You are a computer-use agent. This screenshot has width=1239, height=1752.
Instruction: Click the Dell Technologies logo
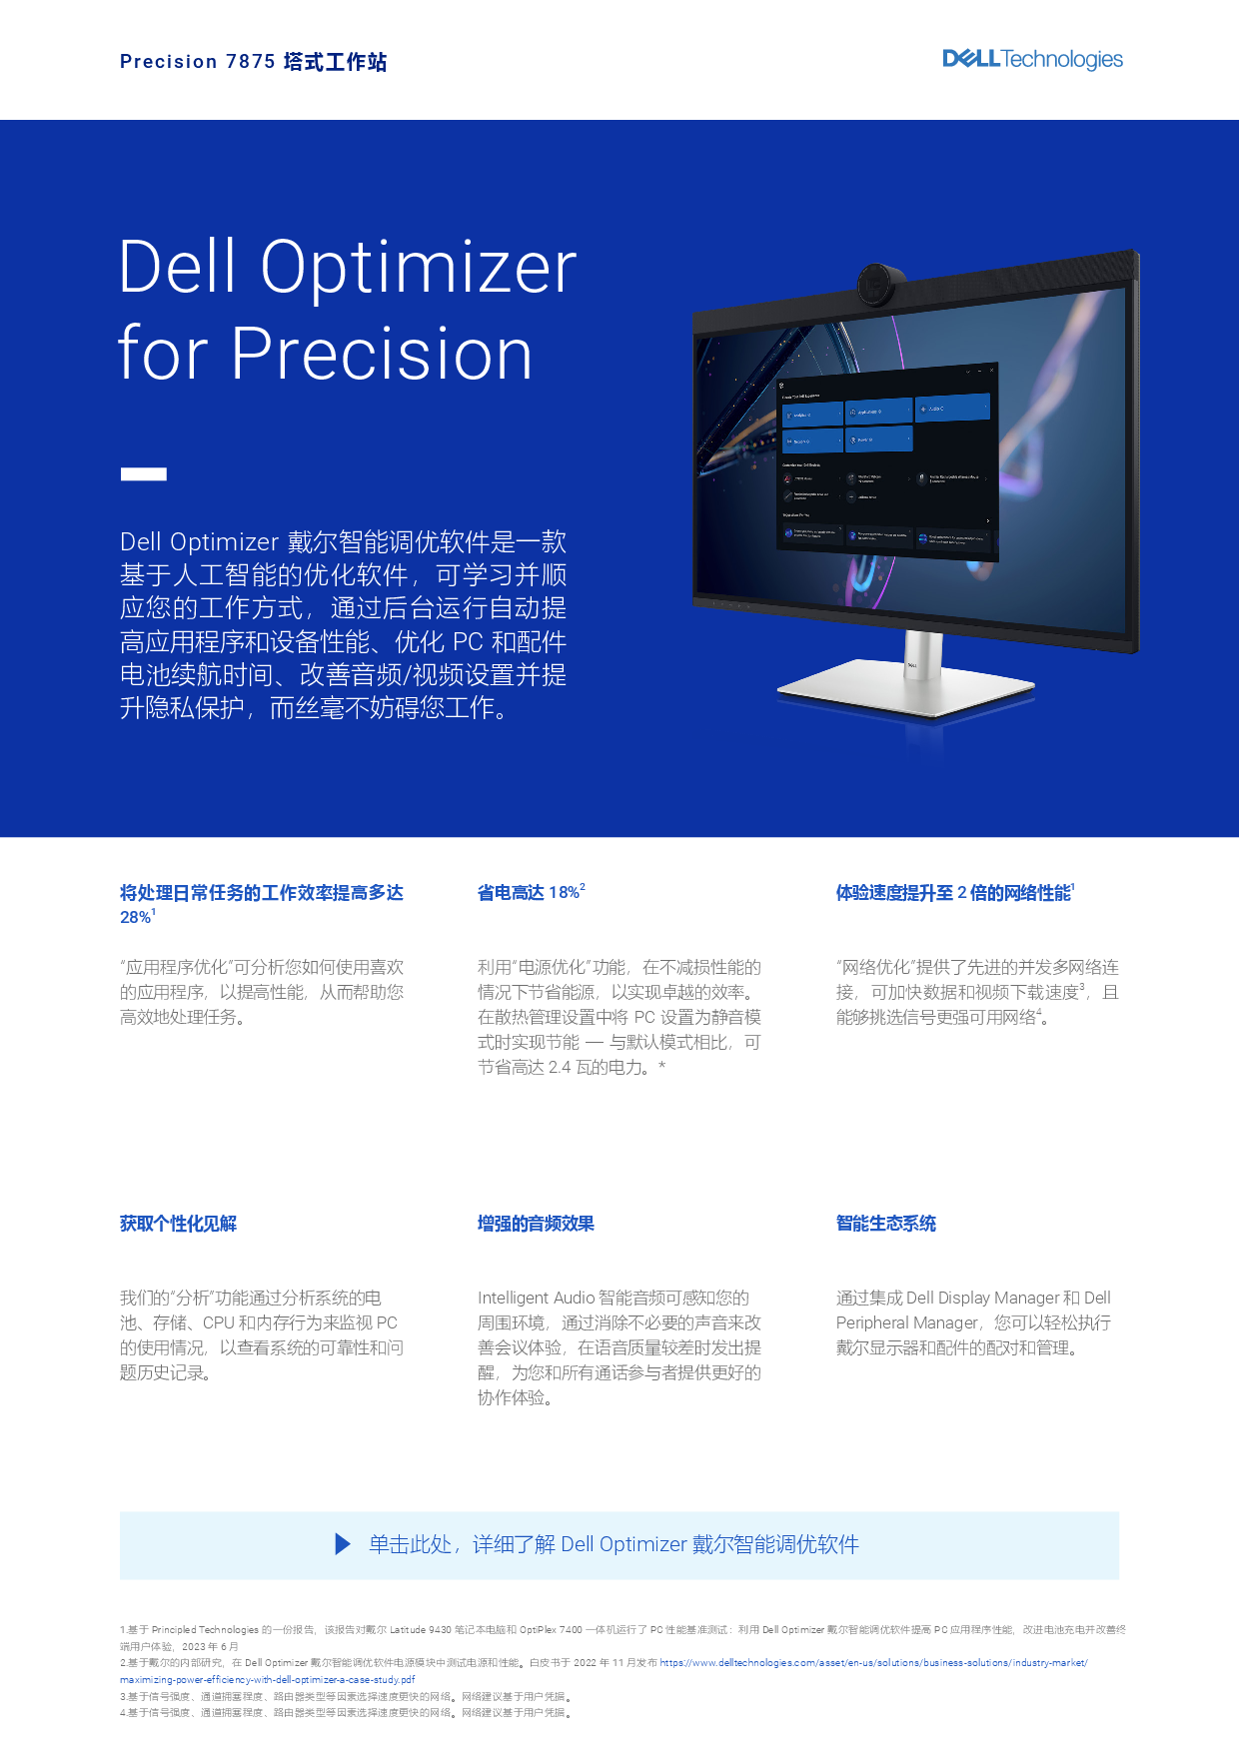1032,59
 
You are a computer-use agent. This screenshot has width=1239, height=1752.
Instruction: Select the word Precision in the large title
382,354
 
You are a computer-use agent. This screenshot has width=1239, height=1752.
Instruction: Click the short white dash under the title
144,474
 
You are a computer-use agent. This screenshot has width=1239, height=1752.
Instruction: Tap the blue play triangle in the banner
343,1544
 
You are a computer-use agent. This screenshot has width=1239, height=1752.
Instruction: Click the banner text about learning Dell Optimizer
614,1544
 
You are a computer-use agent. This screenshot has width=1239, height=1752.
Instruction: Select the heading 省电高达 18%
530,892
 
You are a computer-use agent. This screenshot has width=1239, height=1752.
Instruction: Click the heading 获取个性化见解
178,1224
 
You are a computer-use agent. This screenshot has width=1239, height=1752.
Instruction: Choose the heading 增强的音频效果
536,1224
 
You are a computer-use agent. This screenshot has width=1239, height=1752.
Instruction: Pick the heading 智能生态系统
885,1224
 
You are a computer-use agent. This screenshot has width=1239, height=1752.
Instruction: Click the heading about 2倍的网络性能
953,892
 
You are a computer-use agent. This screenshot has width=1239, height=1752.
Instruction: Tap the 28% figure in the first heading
136,917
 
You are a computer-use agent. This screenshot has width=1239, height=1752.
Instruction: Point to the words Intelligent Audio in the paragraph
536,1298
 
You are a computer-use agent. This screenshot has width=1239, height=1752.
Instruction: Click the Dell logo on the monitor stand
911,665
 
